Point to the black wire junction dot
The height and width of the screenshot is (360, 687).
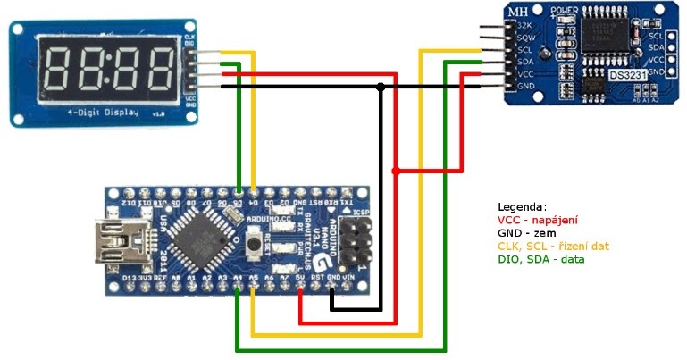381,87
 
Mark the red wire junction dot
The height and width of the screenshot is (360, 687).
396,170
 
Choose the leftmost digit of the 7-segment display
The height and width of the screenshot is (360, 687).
59,69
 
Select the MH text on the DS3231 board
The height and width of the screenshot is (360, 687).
517,12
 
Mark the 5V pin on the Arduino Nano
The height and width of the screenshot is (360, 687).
300,278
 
